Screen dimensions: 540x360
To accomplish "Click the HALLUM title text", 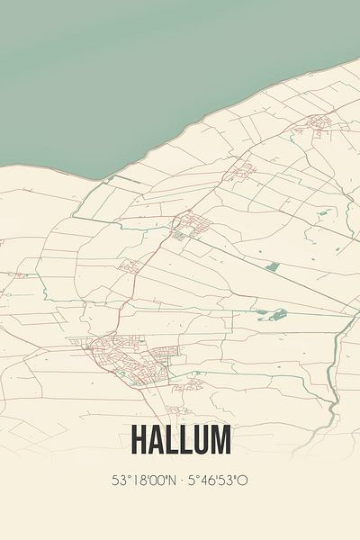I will [181, 440].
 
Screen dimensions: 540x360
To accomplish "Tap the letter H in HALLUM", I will [139, 440].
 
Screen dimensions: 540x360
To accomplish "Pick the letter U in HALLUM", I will [201, 440].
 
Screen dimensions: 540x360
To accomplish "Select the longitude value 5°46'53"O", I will [217, 481].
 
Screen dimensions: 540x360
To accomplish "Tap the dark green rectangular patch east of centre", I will [273, 266].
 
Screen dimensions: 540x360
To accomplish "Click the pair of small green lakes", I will [272, 315].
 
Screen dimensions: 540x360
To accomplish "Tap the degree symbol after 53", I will [126, 476].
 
